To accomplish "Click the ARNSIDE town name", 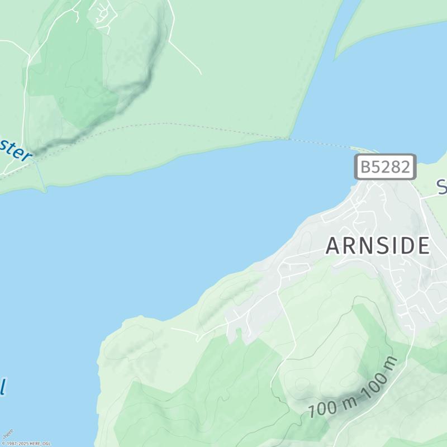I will coord(378,246).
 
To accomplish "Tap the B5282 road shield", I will coord(386,167).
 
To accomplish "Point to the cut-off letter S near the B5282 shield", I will coord(441,187).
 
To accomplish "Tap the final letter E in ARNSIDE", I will coord(423,246).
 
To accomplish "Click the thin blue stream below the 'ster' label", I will coord(41,176).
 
